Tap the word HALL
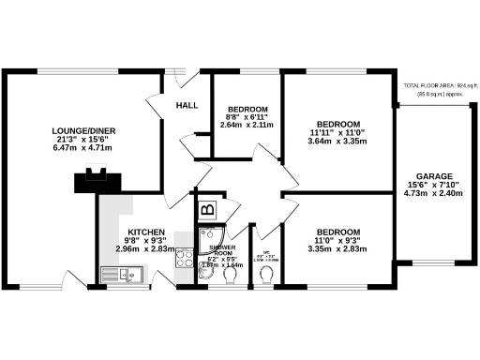coord(187,105)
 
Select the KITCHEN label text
coord(147,232)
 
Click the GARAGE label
coord(435,176)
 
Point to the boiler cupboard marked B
coord(208,208)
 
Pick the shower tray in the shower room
coord(211,235)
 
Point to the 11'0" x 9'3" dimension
coord(337,241)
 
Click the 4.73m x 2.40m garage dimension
coord(435,195)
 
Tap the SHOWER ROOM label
coord(221,250)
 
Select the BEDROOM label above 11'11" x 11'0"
coord(338,124)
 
